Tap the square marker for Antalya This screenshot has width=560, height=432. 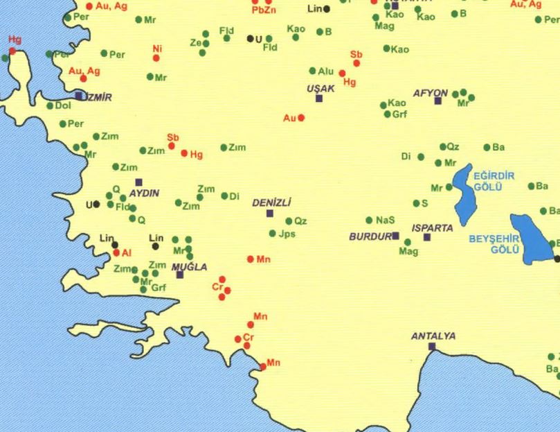pyautogui.click(x=432, y=347)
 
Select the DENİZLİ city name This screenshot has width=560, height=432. pyautogui.click(x=271, y=202)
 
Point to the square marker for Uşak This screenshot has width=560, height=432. pyautogui.click(x=319, y=98)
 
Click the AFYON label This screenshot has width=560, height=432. pyautogui.click(x=431, y=92)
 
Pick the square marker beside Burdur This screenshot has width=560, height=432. pyautogui.click(x=395, y=236)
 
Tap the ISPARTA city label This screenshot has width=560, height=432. pyautogui.click(x=432, y=227)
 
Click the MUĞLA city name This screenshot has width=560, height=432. pyautogui.click(x=189, y=267)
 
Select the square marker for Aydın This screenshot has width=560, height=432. pyautogui.click(x=138, y=182)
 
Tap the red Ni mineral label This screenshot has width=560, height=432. pyautogui.click(x=157, y=49)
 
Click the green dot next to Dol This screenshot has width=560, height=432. pyautogui.click(x=50, y=106)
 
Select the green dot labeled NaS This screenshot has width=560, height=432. pyautogui.click(x=369, y=221)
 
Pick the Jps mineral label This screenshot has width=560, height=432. pyautogui.click(x=287, y=234)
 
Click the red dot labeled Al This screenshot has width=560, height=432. pyautogui.click(x=116, y=253)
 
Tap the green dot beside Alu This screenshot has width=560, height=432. pyautogui.click(x=313, y=71)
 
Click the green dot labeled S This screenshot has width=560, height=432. pyautogui.click(x=416, y=204)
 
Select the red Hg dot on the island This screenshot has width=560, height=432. pyautogui.click(x=12, y=51)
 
